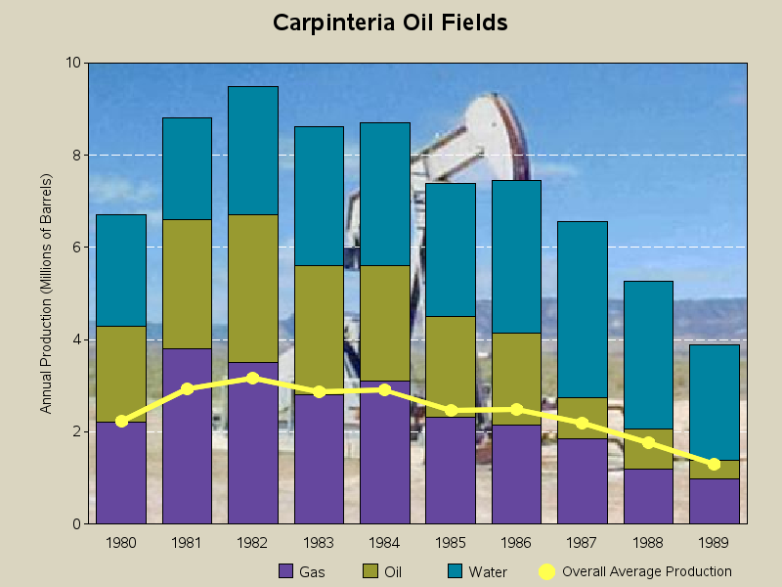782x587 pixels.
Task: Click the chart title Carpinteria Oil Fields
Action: click(x=390, y=23)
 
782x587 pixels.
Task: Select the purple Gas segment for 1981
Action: click(x=187, y=436)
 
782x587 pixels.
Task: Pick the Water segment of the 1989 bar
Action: click(x=715, y=401)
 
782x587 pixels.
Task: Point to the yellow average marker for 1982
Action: click(x=253, y=378)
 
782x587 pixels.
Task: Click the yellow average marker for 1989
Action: click(x=715, y=464)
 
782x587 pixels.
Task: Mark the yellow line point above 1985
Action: click(x=451, y=411)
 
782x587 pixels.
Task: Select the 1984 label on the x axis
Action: click(x=385, y=542)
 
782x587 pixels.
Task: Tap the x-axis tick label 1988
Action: click(x=648, y=542)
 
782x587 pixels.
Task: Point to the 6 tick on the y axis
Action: click(x=77, y=248)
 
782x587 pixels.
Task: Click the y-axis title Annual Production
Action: click(x=46, y=293)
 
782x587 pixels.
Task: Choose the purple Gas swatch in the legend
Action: click(x=286, y=571)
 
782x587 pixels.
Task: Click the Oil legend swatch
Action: click(x=370, y=571)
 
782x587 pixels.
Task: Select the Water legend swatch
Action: click(x=455, y=571)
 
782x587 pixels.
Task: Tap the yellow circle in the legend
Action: click(x=547, y=571)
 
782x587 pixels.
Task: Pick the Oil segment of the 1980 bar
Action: click(x=121, y=374)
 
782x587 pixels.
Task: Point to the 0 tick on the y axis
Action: click(x=77, y=524)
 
